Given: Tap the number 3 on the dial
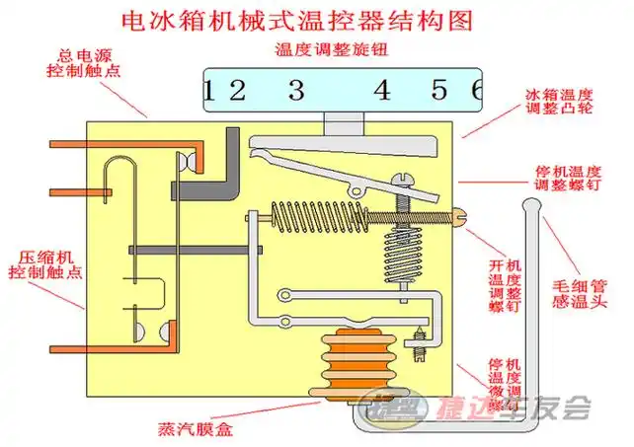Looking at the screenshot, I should click(295, 92).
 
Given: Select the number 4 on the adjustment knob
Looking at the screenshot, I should click(381, 92).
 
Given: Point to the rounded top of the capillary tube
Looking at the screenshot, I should click(530, 205).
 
